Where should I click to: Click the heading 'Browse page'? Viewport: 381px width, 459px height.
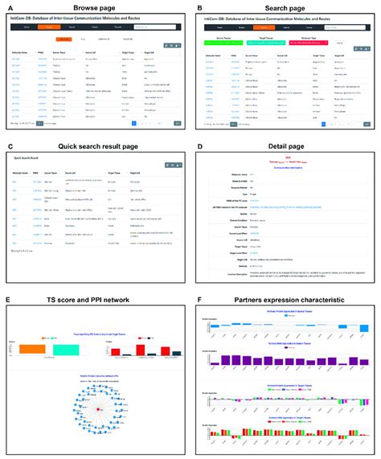[x=96, y=6]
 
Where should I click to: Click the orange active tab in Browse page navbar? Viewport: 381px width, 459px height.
[x=62, y=27]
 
